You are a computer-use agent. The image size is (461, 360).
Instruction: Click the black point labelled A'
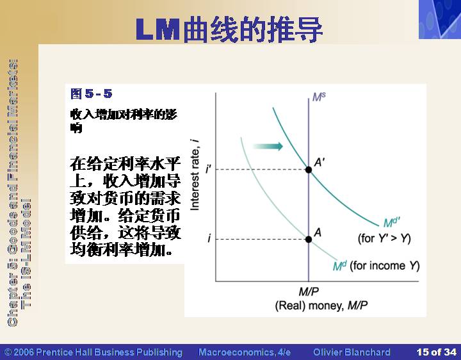[x=309, y=170]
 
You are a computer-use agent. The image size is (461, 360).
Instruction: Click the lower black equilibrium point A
[x=309, y=240]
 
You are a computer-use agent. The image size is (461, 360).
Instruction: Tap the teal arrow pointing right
[x=268, y=146]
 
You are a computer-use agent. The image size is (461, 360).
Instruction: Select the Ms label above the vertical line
[x=319, y=97]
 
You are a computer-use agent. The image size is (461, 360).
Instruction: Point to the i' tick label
[x=209, y=169]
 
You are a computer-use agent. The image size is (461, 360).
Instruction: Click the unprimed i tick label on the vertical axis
[x=209, y=238]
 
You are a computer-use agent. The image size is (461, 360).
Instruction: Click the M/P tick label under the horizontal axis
[x=309, y=291]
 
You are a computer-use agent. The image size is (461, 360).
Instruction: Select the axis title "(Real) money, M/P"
[x=321, y=306]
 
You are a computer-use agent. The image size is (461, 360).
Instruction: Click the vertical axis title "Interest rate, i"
[x=195, y=175]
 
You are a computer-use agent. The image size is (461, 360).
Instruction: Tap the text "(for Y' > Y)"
[x=384, y=238]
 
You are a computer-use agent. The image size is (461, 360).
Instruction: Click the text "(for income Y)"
[x=385, y=266]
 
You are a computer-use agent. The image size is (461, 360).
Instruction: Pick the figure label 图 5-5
[x=92, y=94]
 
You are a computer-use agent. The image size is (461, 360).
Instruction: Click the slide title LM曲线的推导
[x=229, y=29]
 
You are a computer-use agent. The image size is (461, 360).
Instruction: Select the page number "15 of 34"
[x=437, y=352]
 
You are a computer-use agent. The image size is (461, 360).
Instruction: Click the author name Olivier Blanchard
[x=352, y=352]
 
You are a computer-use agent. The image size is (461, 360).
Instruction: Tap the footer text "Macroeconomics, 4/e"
[x=245, y=352]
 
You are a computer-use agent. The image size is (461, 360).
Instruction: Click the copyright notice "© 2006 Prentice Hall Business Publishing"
[x=93, y=352]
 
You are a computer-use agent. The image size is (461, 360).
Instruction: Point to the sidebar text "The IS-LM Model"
[x=26, y=253]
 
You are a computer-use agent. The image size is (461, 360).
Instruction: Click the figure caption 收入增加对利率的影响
[x=124, y=121]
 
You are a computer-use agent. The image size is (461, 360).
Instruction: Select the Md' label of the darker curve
[x=392, y=223]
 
